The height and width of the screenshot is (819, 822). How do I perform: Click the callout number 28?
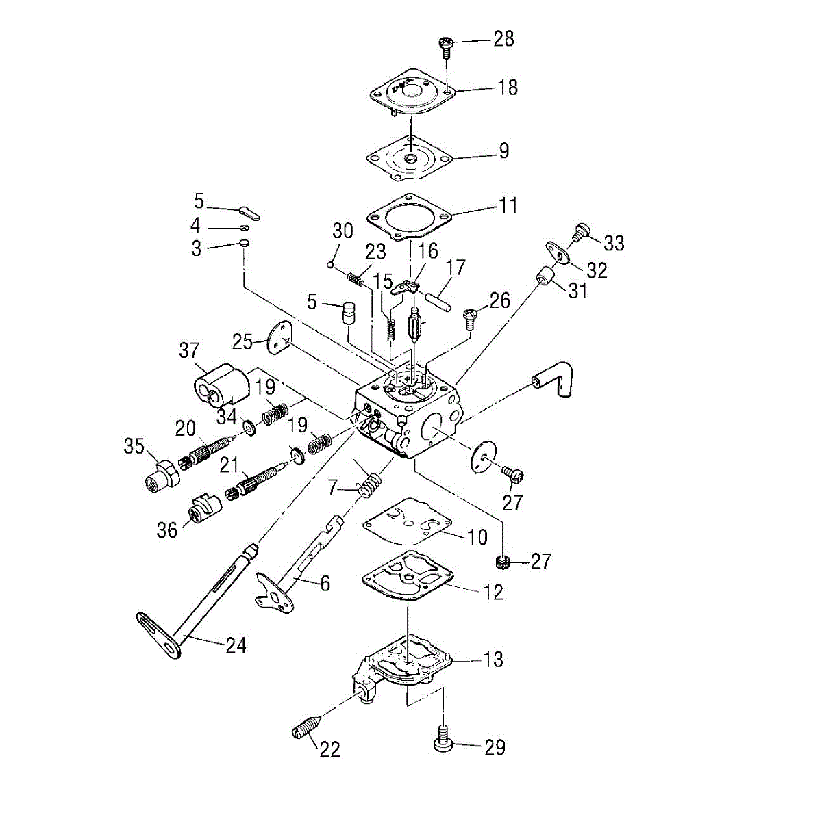503,38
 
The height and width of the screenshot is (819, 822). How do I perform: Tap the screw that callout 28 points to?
446,45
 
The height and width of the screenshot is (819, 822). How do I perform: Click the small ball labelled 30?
331,263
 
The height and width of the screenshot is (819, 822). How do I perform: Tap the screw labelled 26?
470,317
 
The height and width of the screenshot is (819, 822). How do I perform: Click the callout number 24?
236,645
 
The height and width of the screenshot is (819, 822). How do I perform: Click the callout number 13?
493,660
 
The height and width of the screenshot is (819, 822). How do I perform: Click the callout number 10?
477,536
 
